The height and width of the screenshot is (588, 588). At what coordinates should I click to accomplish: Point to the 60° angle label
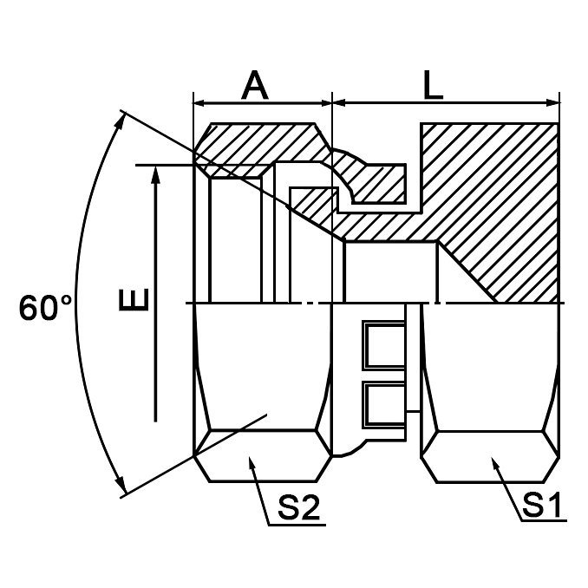pos(45,308)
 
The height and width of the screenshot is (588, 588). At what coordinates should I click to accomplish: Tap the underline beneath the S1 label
pos(542,521)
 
